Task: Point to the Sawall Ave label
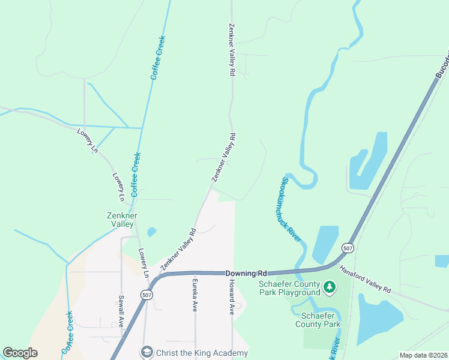[x=121, y=310]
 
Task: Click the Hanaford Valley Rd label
[x=366, y=280]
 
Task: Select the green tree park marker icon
[x=329, y=288]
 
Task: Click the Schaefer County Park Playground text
[x=289, y=288]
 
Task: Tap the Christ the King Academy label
[x=201, y=353]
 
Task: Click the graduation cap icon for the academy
[x=146, y=352]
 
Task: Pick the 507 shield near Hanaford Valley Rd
[x=348, y=247]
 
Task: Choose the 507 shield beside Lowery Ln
[x=146, y=295]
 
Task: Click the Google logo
[x=20, y=352]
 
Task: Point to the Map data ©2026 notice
[x=423, y=355]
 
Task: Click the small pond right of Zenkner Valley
[x=151, y=232]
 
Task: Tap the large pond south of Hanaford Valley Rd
[x=378, y=318]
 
